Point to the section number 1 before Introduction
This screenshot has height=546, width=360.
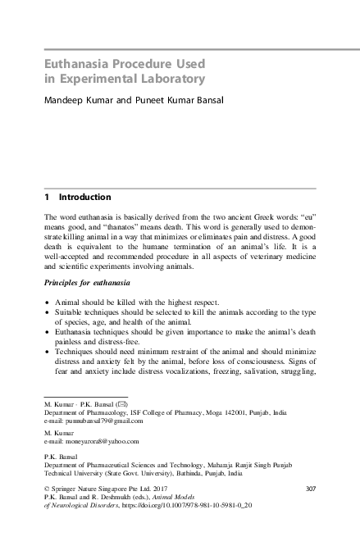[47, 198]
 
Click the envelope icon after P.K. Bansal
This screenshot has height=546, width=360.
[120, 405]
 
